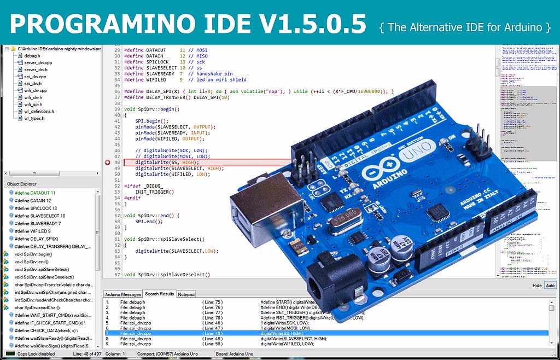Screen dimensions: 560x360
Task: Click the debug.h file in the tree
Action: [x=32, y=56]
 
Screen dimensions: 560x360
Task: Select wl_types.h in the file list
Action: [x=34, y=118]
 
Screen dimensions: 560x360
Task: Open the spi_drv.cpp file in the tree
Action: [x=35, y=77]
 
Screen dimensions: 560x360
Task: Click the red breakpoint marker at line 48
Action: [x=107, y=162]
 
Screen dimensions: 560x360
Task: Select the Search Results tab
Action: [x=159, y=294]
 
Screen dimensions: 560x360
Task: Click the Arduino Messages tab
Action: [x=123, y=294]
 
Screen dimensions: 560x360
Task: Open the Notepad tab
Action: [x=186, y=294]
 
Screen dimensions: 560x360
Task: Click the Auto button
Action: [x=550, y=286]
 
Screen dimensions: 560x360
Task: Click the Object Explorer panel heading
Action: [x=22, y=184]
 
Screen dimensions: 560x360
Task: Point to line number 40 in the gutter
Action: [x=117, y=109]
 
